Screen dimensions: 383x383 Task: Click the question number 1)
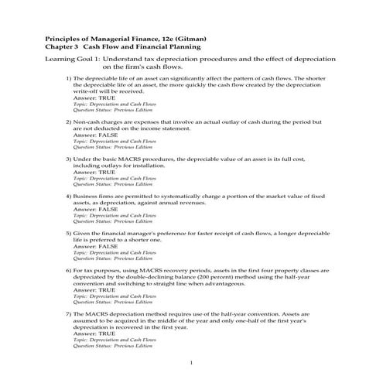[68, 79]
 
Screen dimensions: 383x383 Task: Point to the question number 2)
[68, 123]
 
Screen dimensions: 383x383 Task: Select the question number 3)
[68, 159]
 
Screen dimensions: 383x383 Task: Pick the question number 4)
[68, 197]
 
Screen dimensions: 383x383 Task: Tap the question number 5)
[68, 232]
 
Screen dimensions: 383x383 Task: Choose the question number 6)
[68, 270]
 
